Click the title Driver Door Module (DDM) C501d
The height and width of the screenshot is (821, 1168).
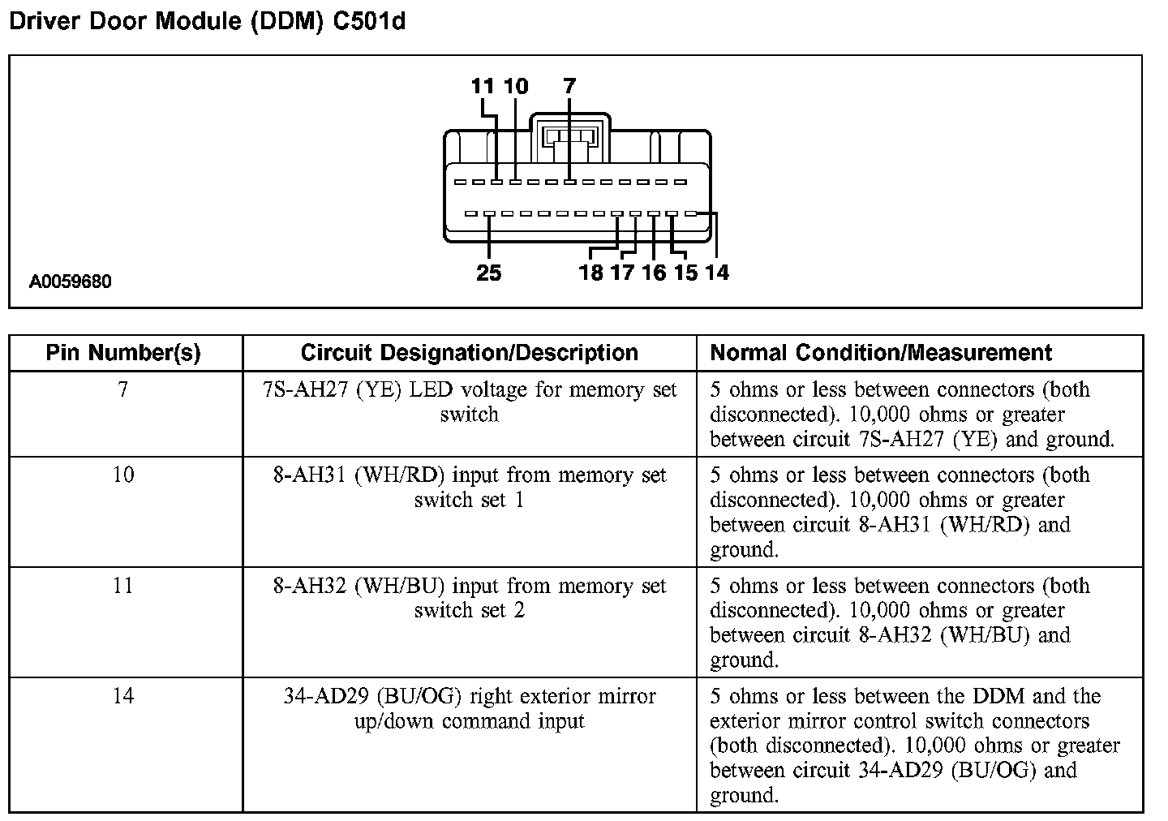coord(207,21)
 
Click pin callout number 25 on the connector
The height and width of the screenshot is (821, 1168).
coord(488,273)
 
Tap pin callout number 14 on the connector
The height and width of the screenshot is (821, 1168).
coord(717,273)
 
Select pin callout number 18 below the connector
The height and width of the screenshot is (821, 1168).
coord(591,273)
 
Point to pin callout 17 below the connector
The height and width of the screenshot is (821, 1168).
coord(622,273)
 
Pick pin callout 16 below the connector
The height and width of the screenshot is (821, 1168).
coord(654,273)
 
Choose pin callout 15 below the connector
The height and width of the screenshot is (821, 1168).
coord(685,273)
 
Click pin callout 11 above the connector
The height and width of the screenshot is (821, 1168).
coord(483,86)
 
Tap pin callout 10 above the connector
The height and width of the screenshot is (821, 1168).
coord(516,86)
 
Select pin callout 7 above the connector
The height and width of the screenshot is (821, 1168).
coord(569,86)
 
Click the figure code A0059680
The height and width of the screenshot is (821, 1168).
coord(71,282)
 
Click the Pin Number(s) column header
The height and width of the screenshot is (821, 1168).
coord(123,353)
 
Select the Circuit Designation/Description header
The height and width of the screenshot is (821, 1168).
coord(469,353)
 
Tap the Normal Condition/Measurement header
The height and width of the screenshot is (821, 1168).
coord(881,353)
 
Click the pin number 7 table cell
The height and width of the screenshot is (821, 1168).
coord(123,390)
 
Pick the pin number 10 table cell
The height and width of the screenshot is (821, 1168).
coord(123,475)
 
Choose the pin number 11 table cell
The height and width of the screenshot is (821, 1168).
coord(123,586)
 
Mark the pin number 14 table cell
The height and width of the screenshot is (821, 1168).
coord(123,696)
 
